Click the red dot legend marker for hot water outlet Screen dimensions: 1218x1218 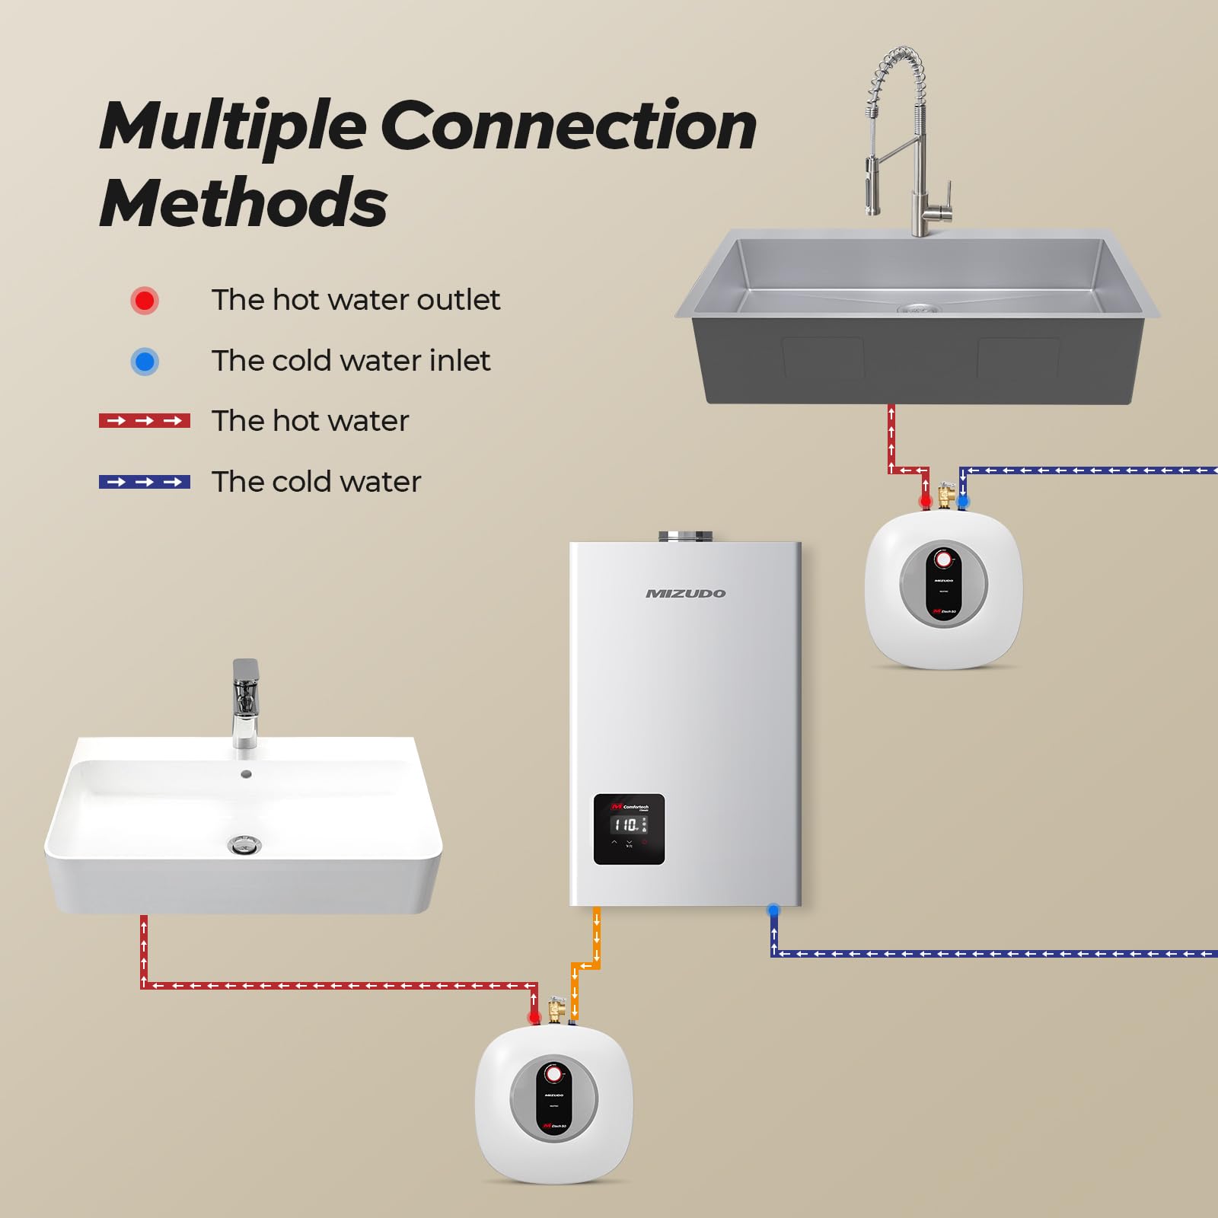point(145,301)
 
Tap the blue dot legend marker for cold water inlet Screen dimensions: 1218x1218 point(145,362)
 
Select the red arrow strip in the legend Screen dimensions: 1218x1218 point(145,421)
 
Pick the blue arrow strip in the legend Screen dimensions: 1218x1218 point(145,482)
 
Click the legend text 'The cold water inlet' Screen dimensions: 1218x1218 point(350,361)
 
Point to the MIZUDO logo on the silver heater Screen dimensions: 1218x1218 point(685,594)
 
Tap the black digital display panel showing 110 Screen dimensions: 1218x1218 point(629,829)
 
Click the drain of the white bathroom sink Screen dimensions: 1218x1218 point(244,843)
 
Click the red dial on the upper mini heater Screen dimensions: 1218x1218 point(944,560)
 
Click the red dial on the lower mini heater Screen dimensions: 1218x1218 point(554,1074)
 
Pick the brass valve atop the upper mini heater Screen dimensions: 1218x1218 point(945,495)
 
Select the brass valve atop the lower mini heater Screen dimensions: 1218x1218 point(556,1010)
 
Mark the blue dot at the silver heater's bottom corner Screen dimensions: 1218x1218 point(773,910)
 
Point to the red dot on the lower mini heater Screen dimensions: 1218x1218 point(534,1018)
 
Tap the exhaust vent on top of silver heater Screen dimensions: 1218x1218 point(685,536)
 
